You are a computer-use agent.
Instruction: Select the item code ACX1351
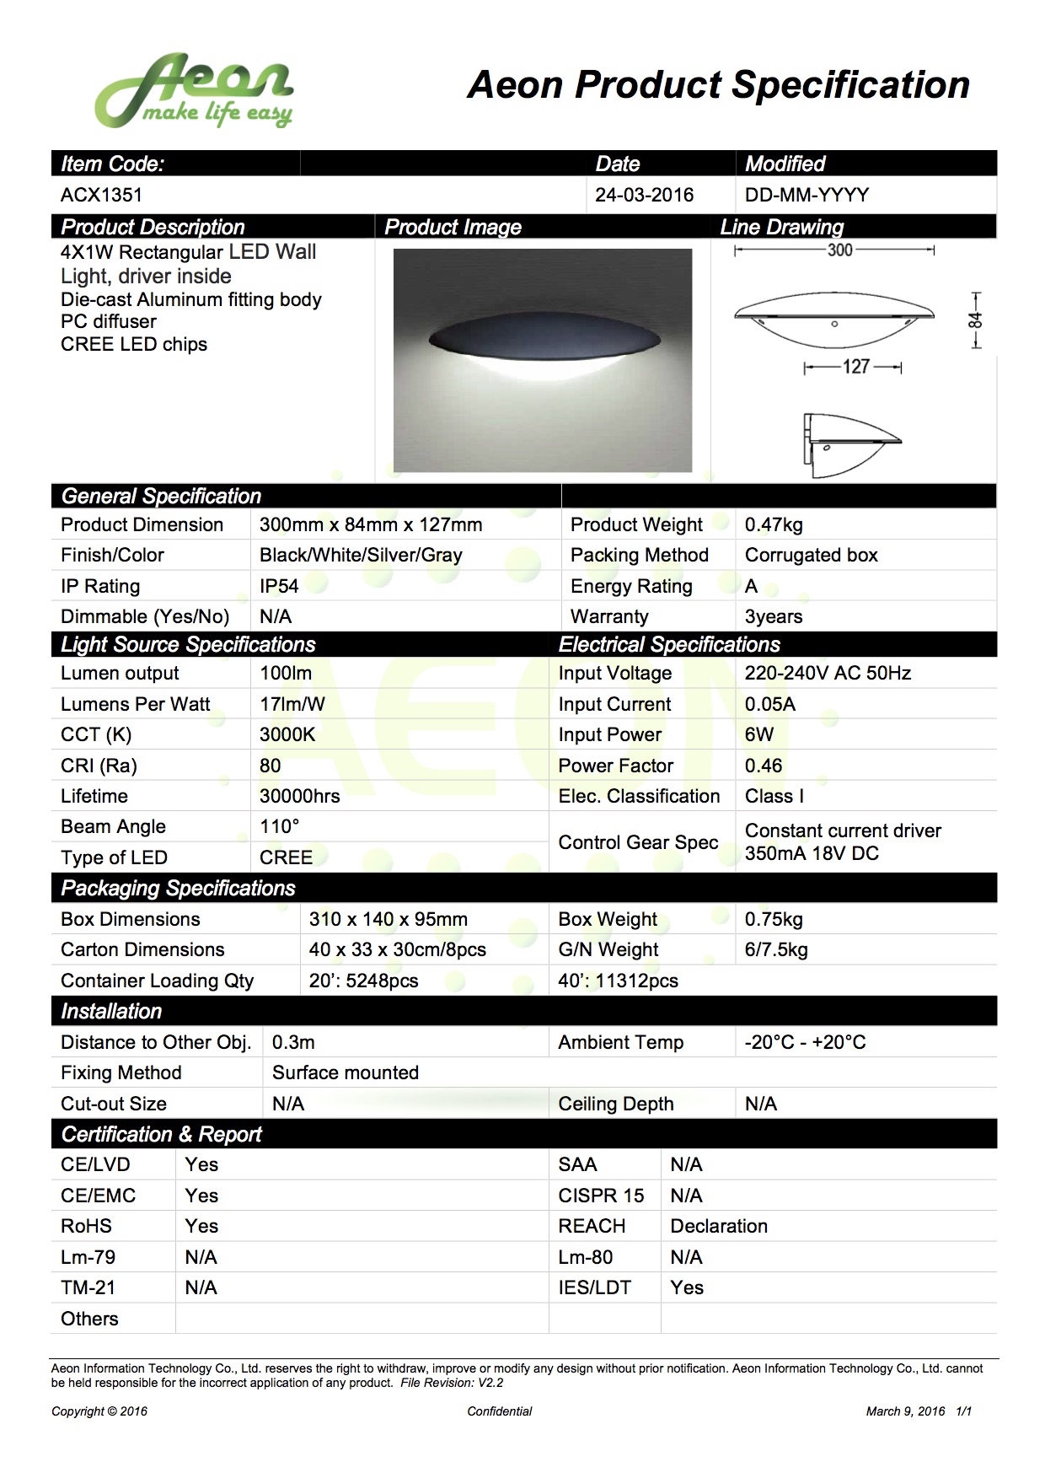click(101, 196)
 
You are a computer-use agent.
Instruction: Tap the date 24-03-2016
click(644, 196)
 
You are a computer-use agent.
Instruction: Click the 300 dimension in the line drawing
click(839, 250)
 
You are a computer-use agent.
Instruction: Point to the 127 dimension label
click(855, 367)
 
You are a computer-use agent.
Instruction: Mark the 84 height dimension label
click(975, 320)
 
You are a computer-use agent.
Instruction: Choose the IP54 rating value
click(279, 586)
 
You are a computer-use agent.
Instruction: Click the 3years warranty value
click(774, 616)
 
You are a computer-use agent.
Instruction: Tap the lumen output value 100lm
click(286, 673)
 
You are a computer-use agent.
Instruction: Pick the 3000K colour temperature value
click(287, 734)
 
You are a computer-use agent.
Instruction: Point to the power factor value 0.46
click(764, 766)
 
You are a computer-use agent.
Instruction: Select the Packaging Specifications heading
click(178, 888)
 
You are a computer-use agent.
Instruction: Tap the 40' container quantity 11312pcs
click(618, 981)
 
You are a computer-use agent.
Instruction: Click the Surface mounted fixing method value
click(346, 1072)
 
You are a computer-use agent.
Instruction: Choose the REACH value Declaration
click(719, 1226)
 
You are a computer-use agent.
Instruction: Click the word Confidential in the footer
click(500, 1411)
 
